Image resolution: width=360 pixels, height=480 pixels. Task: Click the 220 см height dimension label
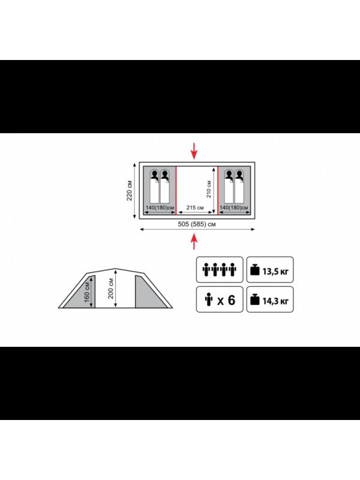pyautogui.click(x=130, y=191)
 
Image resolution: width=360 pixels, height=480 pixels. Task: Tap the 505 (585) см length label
pyautogui.click(x=197, y=224)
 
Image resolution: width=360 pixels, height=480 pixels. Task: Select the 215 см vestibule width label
pyautogui.click(x=195, y=208)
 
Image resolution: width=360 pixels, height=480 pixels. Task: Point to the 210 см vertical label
pyautogui.click(x=209, y=189)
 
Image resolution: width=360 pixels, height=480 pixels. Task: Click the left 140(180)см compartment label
pyautogui.click(x=160, y=208)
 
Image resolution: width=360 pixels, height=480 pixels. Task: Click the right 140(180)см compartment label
pyautogui.click(x=234, y=208)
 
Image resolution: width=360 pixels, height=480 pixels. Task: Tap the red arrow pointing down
pyautogui.click(x=194, y=151)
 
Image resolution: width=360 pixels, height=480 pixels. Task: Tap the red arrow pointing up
pyautogui.click(x=194, y=241)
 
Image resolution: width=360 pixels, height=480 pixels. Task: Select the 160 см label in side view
pyautogui.click(x=87, y=292)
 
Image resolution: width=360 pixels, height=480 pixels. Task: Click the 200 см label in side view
pyautogui.click(x=111, y=289)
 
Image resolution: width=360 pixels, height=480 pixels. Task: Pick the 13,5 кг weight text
pyautogui.click(x=275, y=271)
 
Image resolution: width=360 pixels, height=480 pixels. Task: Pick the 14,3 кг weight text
pyautogui.click(x=275, y=301)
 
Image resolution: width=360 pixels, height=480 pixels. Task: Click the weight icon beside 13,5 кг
pyautogui.click(x=254, y=269)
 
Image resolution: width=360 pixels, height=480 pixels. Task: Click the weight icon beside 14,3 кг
pyautogui.click(x=254, y=299)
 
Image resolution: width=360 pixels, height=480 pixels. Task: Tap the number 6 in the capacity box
pyautogui.click(x=232, y=300)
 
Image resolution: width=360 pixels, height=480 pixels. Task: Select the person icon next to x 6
pyautogui.click(x=209, y=299)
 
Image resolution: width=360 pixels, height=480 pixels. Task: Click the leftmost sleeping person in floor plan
pyautogui.click(x=155, y=186)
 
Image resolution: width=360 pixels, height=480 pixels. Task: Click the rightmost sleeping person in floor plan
pyautogui.click(x=239, y=186)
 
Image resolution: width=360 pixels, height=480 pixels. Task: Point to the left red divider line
pyautogui.click(x=176, y=190)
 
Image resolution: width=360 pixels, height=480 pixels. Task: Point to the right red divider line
pyautogui.click(x=218, y=190)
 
